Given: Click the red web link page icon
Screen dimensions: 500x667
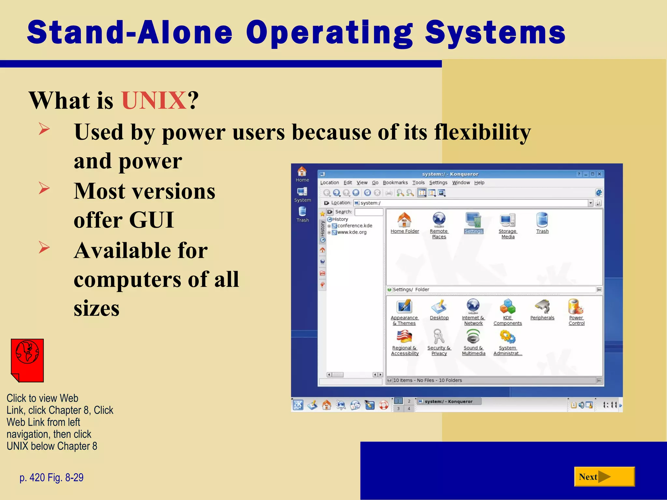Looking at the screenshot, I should coord(27,360).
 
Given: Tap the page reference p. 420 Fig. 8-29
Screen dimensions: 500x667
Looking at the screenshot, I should coord(51,478).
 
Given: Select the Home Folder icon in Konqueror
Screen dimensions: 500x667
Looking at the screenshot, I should coord(404,220).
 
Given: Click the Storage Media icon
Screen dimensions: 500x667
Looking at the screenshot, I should coord(507,220).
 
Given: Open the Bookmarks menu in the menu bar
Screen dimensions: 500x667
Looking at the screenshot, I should coord(395,183).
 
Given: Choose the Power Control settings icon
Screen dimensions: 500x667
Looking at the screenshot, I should coord(576,307).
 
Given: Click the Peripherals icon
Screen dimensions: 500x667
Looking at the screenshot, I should coord(542,307).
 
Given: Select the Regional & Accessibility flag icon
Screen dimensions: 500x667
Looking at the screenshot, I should coord(404,337).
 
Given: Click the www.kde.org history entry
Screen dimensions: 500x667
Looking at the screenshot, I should coord(352,232).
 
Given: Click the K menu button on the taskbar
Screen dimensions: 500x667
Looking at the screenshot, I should coord(298,405).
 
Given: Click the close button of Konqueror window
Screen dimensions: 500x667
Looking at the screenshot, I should coord(599,174).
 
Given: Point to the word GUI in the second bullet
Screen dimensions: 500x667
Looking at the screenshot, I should coord(151,220).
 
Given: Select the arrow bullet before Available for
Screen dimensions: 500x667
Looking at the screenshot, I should coord(44,247).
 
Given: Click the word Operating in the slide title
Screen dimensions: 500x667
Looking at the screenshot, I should coord(329,33).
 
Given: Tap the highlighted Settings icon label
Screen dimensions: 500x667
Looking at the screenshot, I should coord(474,231).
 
